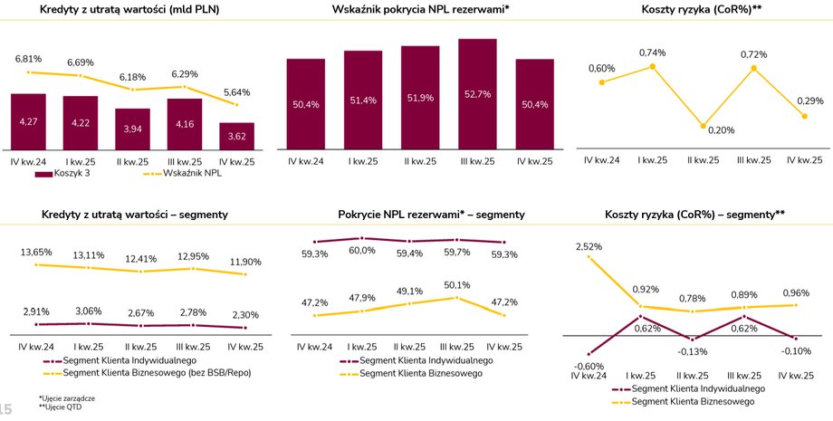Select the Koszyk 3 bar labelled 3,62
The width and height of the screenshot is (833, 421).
point(236,136)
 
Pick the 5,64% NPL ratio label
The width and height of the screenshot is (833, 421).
point(236,91)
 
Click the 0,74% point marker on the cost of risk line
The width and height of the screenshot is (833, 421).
point(652,66)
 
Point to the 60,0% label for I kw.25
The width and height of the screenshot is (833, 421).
point(362,251)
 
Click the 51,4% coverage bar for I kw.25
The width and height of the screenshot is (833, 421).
point(363,100)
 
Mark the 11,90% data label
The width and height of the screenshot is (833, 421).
point(244,262)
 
